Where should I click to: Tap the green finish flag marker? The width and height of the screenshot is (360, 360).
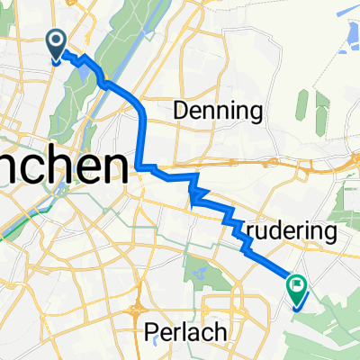click(297, 286)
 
